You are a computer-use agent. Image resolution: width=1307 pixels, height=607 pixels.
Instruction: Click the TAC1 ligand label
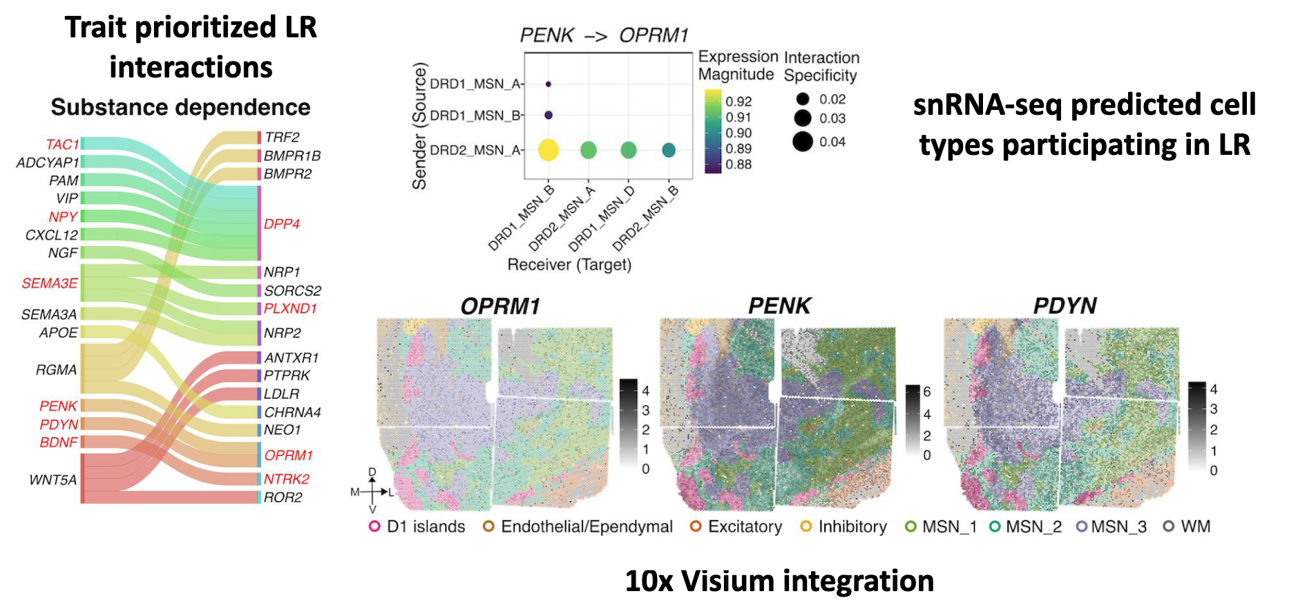62,144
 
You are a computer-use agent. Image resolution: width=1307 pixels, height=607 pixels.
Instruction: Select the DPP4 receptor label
282,224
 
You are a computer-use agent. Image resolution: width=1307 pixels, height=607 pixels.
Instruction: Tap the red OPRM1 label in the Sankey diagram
289,456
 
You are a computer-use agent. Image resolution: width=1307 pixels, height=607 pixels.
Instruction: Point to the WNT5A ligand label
53,480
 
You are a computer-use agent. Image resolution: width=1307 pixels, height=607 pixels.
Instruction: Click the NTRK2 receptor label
287,479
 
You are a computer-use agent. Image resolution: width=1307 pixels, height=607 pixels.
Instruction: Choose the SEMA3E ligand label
50,283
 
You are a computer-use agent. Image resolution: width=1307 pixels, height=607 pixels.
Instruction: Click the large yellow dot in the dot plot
548,150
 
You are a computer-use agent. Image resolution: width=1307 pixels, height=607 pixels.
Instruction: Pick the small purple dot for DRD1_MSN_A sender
548,84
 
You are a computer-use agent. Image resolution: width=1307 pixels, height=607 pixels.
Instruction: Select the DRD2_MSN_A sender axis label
475,150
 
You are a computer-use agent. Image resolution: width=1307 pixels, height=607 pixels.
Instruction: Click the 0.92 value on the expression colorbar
738,102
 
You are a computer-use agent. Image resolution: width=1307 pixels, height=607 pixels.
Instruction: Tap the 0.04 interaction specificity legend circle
803,142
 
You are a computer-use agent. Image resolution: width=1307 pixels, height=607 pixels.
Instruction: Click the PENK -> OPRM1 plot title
604,35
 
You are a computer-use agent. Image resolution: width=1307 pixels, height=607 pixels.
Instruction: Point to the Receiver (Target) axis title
569,265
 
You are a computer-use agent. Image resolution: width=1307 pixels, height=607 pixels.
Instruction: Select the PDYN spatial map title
1065,306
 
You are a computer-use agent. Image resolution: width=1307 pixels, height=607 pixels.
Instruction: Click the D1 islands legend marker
374,527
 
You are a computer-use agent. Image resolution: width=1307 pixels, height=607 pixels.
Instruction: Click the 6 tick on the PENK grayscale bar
927,392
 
